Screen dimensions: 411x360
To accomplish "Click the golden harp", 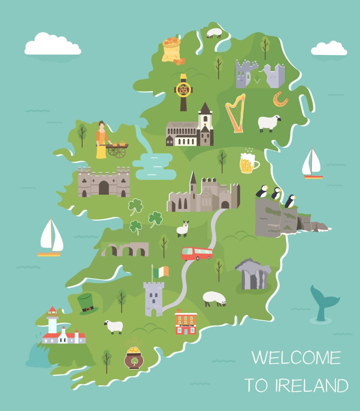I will click(x=235, y=113).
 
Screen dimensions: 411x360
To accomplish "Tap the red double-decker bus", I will click(x=196, y=253).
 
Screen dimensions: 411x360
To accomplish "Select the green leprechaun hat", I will click(x=87, y=303).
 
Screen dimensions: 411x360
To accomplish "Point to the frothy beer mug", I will click(x=248, y=163).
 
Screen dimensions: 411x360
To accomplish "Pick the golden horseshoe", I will click(x=280, y=99).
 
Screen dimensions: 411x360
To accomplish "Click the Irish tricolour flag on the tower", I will click(x=161, y=272).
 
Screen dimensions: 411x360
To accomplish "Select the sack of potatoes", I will click(x=172, y=50).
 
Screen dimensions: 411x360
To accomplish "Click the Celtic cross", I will click(x=184, y=92).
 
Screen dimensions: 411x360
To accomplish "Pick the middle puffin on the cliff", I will click(x=276, y=194).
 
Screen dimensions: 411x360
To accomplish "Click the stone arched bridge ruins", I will click(x=125, y=249).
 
